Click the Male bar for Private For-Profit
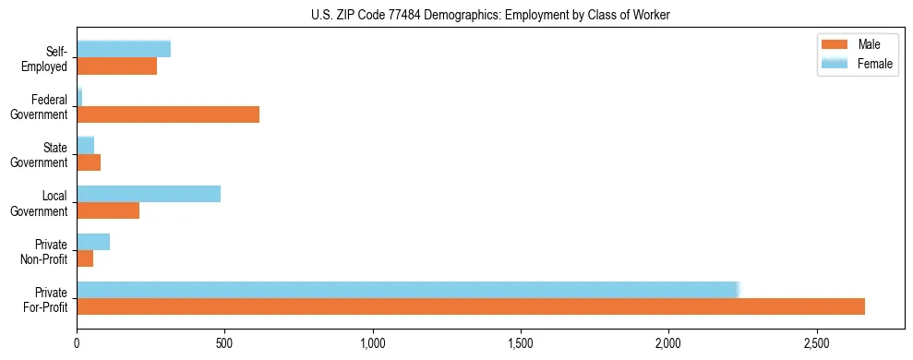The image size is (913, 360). [x=471, y=306]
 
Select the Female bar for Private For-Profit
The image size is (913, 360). [x=407, y=290]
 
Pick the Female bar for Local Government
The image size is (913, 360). [x=149, y=194]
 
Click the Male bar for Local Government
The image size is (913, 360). [x=108, y=210]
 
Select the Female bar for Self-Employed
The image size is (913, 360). [x=124, y=49]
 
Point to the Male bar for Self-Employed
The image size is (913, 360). [x=117, y=66]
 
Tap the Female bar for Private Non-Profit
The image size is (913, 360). [x=93, y=242]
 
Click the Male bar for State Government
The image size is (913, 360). [x=89, y=162]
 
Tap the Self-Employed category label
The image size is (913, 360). [x=46, y=58]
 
